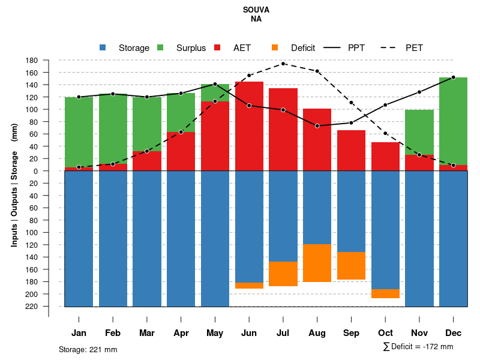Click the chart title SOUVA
pyautogui.click(x=256, y=10)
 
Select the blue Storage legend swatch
pyautogui.click(x=103, y=47)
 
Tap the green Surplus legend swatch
pyautogui.click(x=160, y=47)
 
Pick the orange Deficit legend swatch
pyautogui.click(x=275, y=47)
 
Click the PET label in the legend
pyautogui.click(x=414, y=48)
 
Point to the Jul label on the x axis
pyautogui.click(x=283, y=333)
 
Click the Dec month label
pyautogui.click(x=454, y=333)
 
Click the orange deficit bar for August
pyautogui.click(x=317, y=263)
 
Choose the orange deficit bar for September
pyautogui.click(x=352, y=265)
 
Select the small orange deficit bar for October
pyautogui.click(x=385, y=293)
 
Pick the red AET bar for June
pyautogui.click(x=249, y=126)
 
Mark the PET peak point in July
pyautogui.click(x=283, y=64)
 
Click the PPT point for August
pyautogui.click(x=317, y=126)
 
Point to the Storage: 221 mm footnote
pyautogui.click(x=88, y=349)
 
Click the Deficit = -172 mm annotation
pyautogui.click(x=418, y=347)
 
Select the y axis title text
pyautogui.click(x=14, y=184)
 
